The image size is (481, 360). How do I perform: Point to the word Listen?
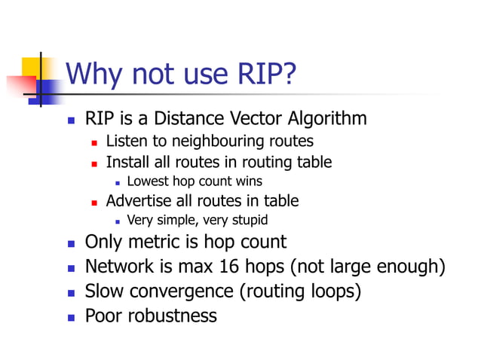[125, 141]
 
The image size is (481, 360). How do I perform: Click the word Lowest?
[149, 181]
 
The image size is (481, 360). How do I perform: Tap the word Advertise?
[139, 200]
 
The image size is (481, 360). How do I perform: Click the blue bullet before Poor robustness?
[71, 316]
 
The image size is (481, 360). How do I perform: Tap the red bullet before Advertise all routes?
[95, 201]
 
